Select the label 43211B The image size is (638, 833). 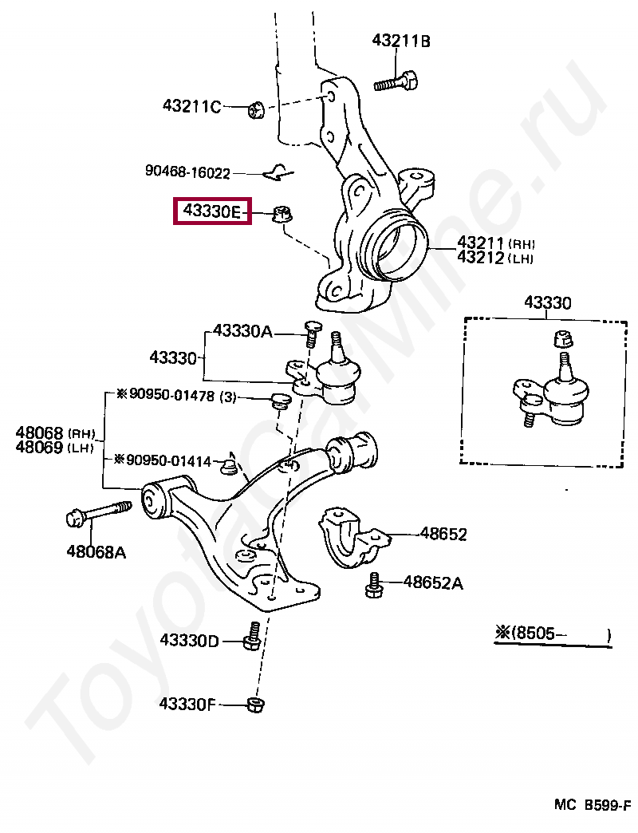click(400, 41)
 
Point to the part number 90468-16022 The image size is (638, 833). click(187, 172)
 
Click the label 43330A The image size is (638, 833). click(242, 331)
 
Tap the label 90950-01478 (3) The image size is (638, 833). click(175, 396)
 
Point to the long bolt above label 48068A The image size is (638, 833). click(99, 513)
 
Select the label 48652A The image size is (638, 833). click(432, 582)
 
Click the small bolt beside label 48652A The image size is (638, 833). click(373, 586)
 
